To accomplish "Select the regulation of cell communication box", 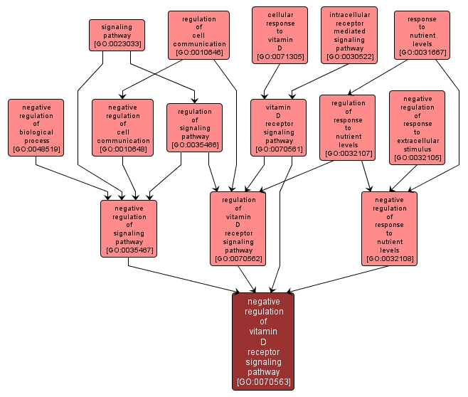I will (198, 34).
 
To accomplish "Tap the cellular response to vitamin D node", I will (280, 35).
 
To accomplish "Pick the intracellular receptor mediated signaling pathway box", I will (349, 35).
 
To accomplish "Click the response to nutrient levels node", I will (422, 34).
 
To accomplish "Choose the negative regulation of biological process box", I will (36, 127).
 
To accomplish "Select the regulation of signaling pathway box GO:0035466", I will (194, 127).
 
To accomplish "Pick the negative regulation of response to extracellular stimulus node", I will (417, 127).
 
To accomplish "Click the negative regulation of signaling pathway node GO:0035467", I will (128, 228).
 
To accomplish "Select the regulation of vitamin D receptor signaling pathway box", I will (238, 228).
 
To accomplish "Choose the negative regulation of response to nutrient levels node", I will (389, 228).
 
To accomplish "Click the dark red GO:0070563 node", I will (263, 341).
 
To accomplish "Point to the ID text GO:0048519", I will (36, 150).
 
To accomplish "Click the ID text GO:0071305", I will (280, 56).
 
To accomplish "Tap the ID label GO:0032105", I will (417, 158).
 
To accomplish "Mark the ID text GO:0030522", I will (349, 56).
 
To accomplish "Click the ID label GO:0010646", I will (198, 53).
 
